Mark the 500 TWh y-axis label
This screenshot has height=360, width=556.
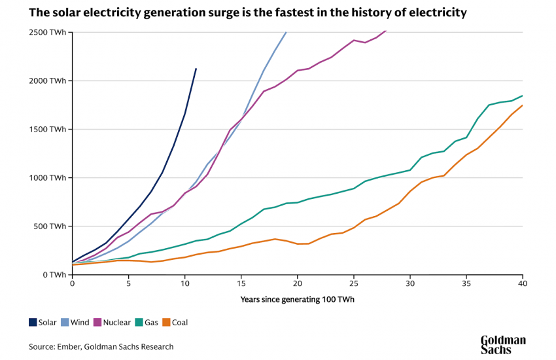point(50,226)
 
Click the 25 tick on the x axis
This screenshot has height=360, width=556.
point(354,285)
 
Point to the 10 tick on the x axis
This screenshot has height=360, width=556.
point(185,285)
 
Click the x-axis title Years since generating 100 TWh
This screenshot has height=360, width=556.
point(297,300)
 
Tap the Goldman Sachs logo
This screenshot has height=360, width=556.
point(503,344)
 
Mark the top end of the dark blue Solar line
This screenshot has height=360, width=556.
point(196,68)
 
